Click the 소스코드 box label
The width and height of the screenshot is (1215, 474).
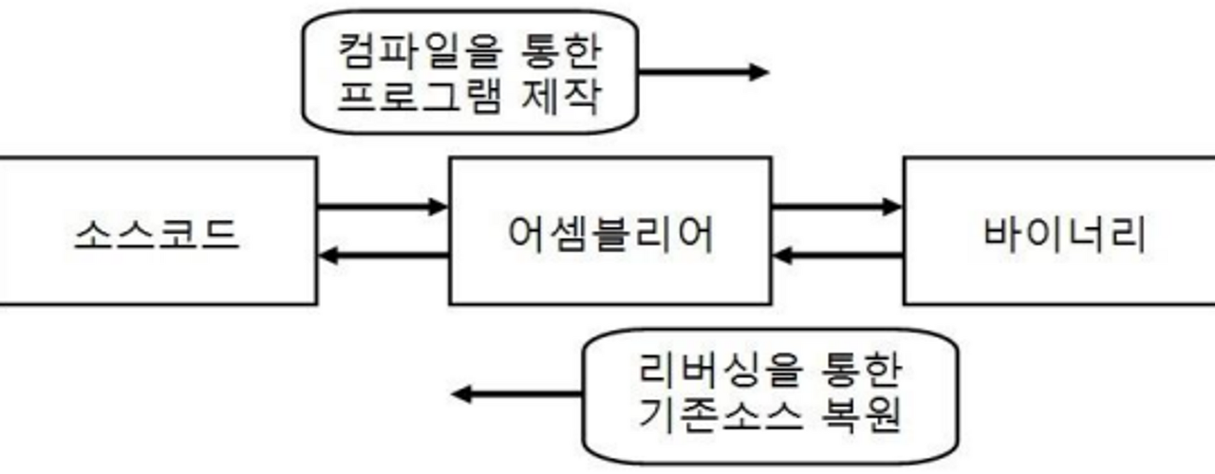(157, 232)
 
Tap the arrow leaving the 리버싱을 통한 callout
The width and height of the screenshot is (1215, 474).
(517, 393)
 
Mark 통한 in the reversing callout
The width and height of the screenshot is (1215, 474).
(855, 369)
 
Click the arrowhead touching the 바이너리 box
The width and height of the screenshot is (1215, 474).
(892, 206)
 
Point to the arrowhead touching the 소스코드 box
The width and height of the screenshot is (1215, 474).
(327, 254)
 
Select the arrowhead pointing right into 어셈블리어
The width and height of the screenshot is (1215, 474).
(438, 206)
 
